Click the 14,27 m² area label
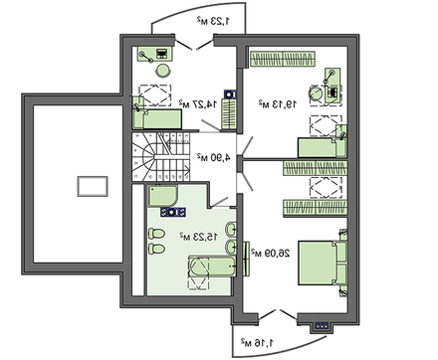pos(198,104)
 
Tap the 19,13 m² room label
pos(278,104)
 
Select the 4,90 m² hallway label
pos(214,157)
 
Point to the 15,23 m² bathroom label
pos(199,237)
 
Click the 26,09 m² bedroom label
pos(271,254)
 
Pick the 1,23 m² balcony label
pos(213,21)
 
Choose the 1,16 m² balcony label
pos(258,343)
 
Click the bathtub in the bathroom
pos(212,267)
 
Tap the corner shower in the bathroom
pos(162,196)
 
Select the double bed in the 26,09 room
pos(323,263)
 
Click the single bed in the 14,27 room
pos(157,119)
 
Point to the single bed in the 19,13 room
pos(323,148)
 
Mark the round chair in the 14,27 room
pos(163,71)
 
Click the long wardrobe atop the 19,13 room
pos(283,59)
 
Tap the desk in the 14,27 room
pos(155,54)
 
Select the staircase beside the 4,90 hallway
pos(161,157)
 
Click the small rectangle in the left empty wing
pos(93,186)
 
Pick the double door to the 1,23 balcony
pos(194,45)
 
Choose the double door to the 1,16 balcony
pos(278,315)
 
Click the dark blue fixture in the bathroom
pos(173,212)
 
